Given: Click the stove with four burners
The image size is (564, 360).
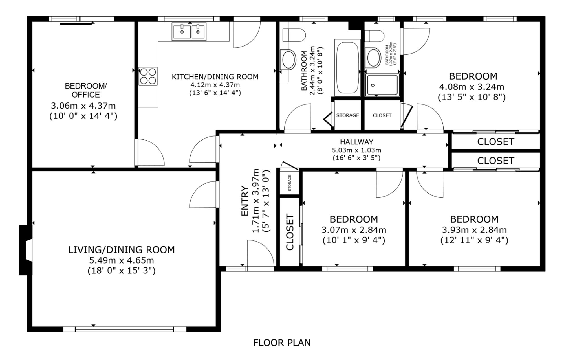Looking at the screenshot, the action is tap(148, 76).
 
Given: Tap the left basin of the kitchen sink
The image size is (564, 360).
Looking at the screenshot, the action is tap(182, 31).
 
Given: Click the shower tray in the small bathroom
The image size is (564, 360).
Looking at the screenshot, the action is tap(382, 85).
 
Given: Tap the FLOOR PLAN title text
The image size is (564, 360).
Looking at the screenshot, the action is tap(282, 343).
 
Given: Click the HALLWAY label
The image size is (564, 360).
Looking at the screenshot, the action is tap(356, 142).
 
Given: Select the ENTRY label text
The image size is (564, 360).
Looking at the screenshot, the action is tap(244, 201).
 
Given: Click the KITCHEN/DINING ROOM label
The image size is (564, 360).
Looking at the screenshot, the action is tap(215, 77).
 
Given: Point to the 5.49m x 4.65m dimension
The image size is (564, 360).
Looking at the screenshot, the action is tap(122, 260).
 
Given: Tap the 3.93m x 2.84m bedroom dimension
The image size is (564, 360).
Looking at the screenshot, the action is tap(474, 230).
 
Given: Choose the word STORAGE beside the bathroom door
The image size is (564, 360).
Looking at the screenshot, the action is tap(347, 115).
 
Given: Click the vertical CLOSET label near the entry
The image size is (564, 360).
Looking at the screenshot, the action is tap(290, 232).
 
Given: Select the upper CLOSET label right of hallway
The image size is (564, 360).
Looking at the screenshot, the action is tap(495, 142).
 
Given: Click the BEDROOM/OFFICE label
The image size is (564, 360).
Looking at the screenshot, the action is tap(86, 90).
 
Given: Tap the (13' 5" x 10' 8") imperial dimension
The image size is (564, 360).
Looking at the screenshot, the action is tap(472, 97).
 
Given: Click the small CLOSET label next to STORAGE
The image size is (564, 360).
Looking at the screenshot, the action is tap(382, 115).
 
